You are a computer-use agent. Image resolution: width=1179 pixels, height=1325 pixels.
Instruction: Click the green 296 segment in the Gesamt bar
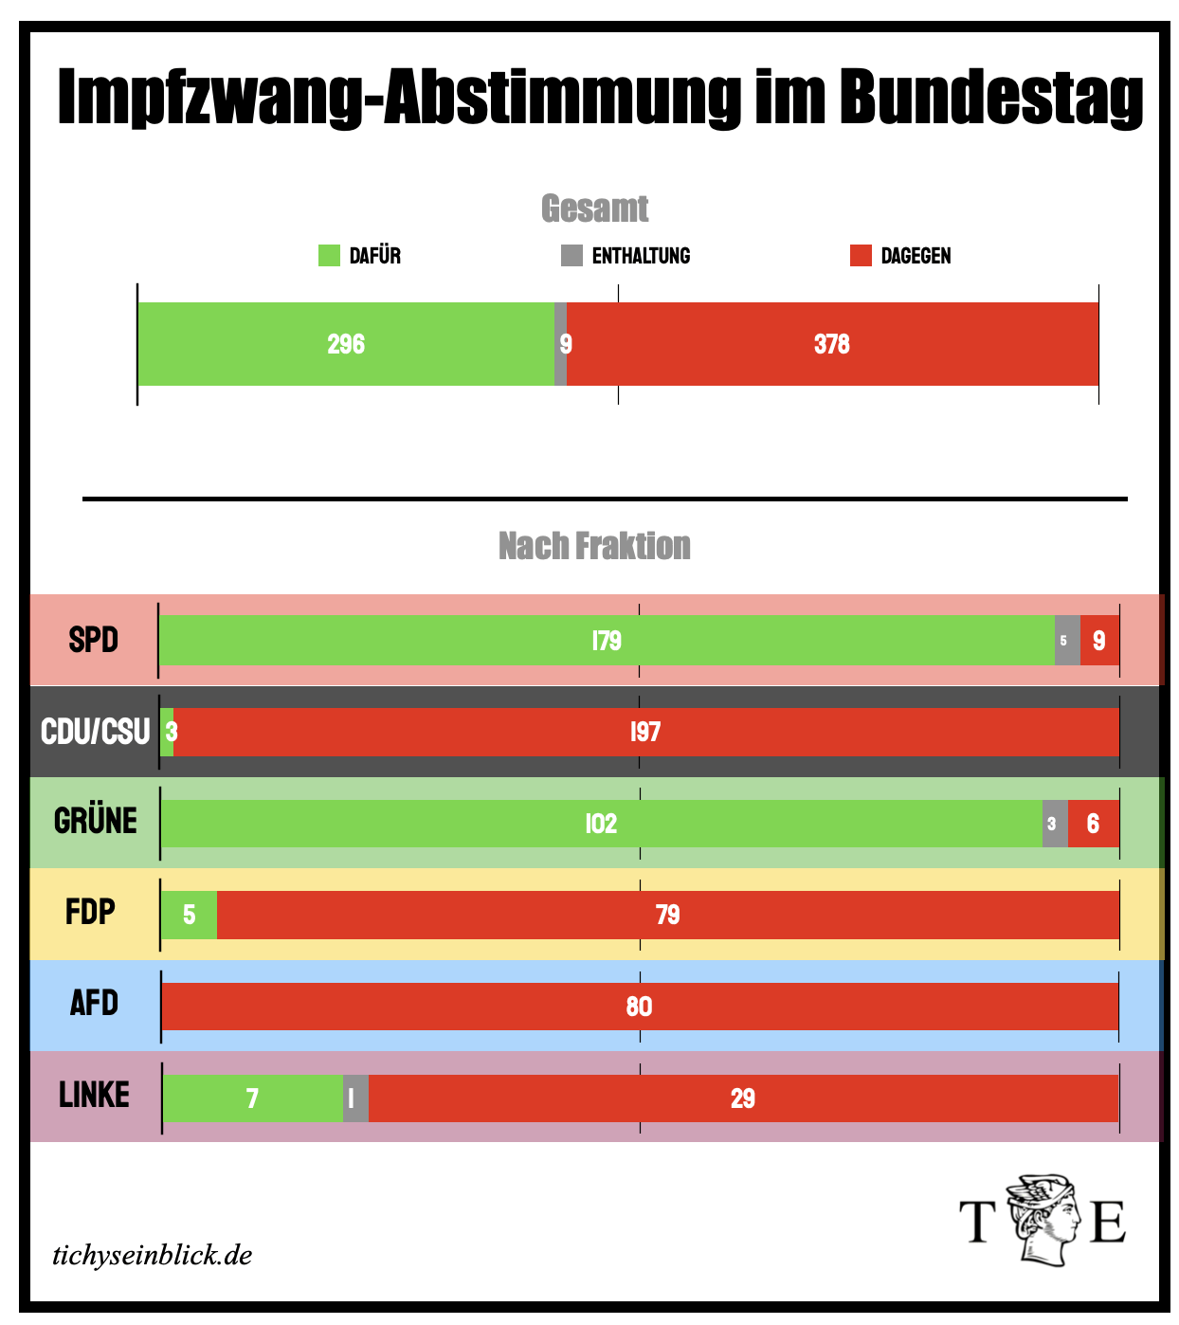pos(346,344)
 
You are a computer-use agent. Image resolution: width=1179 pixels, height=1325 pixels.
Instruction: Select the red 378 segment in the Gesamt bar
pos(832,344)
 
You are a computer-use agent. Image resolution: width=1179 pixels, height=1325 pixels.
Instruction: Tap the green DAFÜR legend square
pos(329,256)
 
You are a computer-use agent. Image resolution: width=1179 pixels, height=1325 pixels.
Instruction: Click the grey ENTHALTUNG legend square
pos(571,256)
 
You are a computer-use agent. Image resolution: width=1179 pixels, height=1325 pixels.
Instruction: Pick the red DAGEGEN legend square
pos(861,256)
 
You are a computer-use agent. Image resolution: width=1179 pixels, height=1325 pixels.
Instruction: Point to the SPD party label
pos(93,640)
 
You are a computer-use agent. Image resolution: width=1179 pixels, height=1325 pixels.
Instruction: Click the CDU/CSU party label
pos(95,732)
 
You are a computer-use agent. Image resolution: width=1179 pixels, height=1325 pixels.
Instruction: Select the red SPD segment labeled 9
pos(1099,641)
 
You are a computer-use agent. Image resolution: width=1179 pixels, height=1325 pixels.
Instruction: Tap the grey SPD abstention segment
pos(1067,641)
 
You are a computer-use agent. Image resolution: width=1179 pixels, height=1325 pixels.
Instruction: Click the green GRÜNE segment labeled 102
pos(601,824)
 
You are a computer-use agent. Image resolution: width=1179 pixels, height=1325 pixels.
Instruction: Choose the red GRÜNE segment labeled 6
pos(1094,824)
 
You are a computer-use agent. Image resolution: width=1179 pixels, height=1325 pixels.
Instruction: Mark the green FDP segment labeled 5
pos(190,915)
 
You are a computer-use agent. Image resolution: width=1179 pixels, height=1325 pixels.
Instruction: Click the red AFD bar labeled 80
pos(640,1007)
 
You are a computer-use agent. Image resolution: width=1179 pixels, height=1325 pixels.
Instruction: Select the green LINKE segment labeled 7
pos(252,1098)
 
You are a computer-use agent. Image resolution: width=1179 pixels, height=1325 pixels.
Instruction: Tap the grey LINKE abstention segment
pos(355,1098)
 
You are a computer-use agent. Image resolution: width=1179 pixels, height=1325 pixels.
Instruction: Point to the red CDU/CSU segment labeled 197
pos(645,732)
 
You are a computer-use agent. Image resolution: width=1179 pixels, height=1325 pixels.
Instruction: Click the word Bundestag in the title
pos(991,97)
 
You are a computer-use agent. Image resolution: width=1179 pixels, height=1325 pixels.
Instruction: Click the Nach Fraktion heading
pos(594,546)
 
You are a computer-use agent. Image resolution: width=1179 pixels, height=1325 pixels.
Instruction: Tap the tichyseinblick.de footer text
pos(153,1256)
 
